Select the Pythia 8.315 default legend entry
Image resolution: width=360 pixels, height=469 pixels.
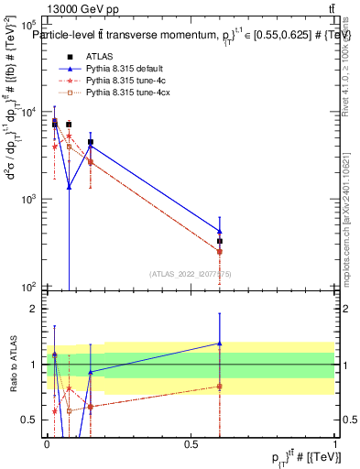124,69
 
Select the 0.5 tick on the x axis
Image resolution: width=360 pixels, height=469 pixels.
191,443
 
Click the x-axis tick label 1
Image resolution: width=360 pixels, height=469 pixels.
335,443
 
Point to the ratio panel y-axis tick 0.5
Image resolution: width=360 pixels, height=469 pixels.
30,420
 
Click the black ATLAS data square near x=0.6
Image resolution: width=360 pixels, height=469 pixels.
220,241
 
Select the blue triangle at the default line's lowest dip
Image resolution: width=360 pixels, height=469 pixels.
69,187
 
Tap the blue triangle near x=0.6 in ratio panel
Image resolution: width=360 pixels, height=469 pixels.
220,344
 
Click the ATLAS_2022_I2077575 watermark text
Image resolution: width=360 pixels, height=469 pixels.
190,273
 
